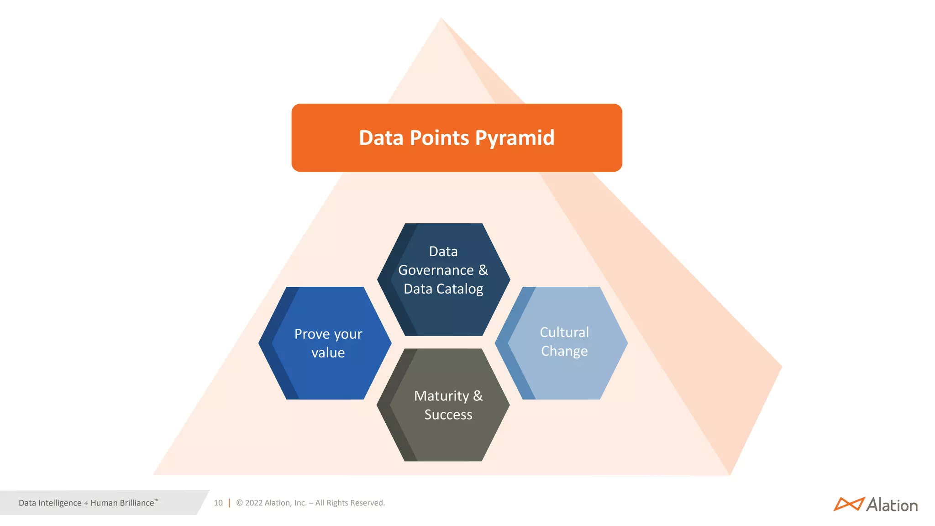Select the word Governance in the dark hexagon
coord(436,270)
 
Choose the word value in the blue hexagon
coord(328,353)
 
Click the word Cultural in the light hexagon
coord(564,332)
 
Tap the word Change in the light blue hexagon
coord(564,351)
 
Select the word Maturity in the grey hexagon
coord(441,396)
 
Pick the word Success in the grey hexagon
coord(448,415)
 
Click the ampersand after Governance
coord(483,270)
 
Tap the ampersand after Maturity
coord(478,396)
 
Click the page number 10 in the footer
coord(218,503)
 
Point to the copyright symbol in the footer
coord(239,503)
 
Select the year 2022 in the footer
coord(254,503)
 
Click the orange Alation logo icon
coord(849,504)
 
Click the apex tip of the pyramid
coord(441,19)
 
